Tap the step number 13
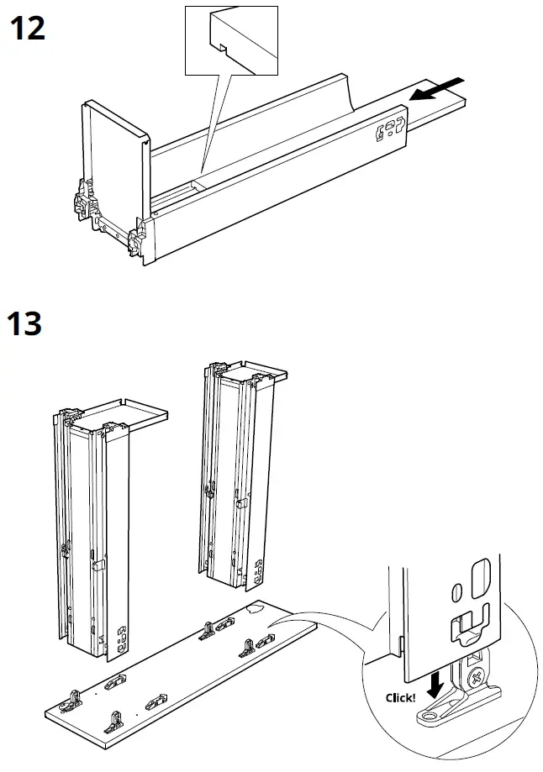click(x=26, y=322)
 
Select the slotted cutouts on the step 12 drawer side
click(x=391, y=129)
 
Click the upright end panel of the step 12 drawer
click(x=115, y=160)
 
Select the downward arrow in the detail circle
click(x=435, y=685)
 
